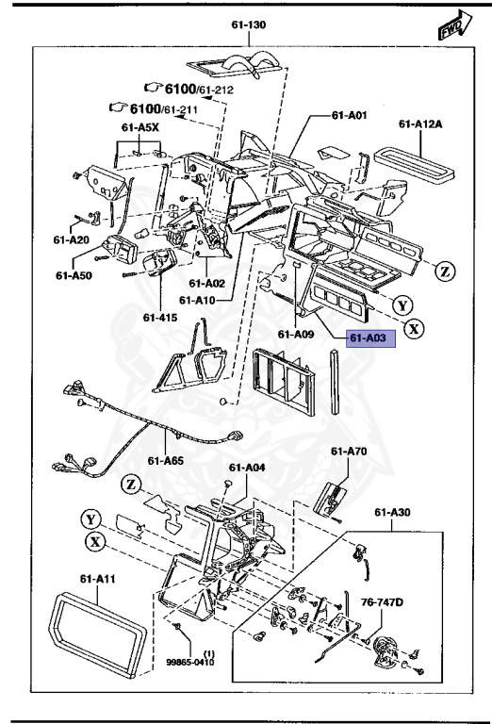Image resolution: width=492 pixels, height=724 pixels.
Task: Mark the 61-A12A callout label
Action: click(419, 123)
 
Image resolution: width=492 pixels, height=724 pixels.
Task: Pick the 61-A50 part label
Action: click(74, 275)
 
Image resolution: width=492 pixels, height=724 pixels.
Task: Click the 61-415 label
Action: click(160, 318)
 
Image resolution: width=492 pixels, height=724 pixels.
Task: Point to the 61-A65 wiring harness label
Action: click(166, 460)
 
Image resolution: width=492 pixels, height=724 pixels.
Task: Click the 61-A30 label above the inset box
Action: click(392, 512)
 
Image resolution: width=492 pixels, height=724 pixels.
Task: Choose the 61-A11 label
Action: click(97, 579)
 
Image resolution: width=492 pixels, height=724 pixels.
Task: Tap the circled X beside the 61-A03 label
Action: click(416, 329)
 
